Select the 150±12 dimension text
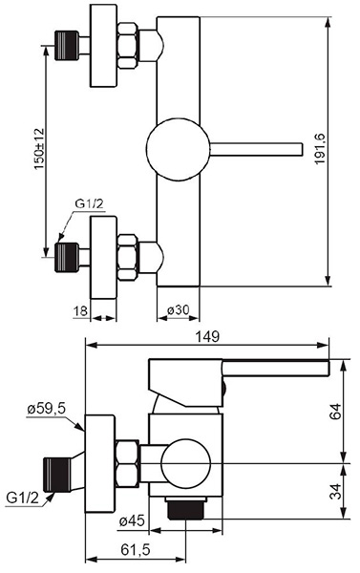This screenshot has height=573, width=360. click(x=39, y=148)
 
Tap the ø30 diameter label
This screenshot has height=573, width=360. click(x=179, y=310)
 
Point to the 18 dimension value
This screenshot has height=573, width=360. click(x=80, y=311)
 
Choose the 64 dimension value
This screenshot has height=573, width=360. click(x=335, y=411)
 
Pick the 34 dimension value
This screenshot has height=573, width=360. click(x=335, y=492)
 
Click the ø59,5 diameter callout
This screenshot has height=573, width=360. click(x=47, y=409)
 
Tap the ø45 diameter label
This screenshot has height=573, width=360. click(x=133, y=520)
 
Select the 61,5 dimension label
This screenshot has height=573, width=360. click(x=136, y=549)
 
